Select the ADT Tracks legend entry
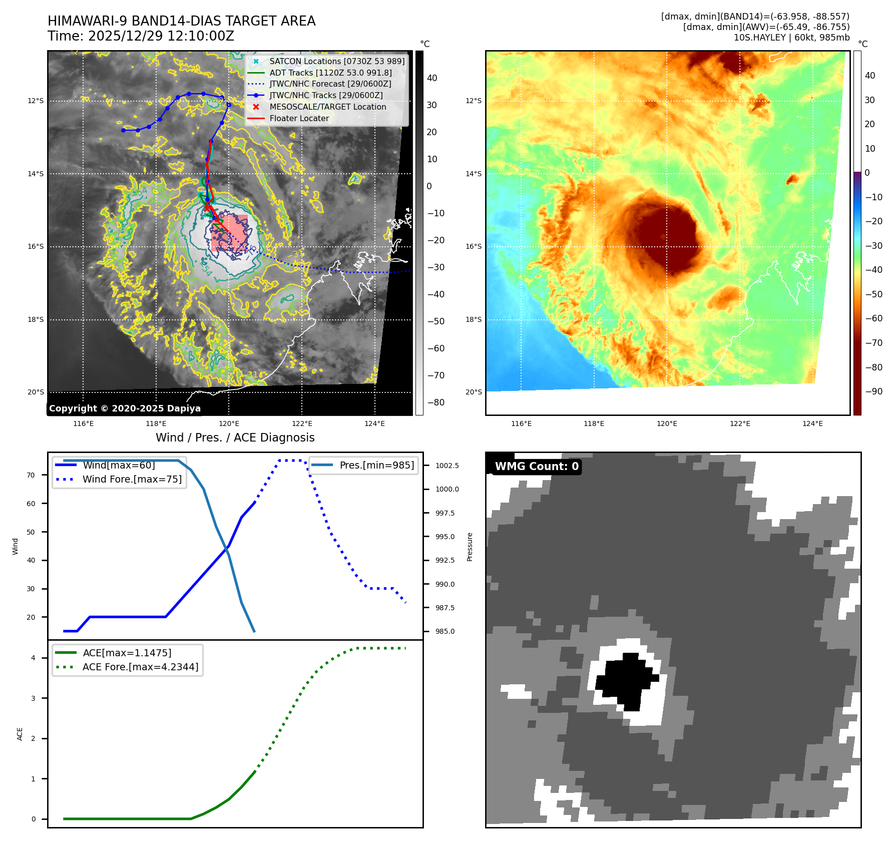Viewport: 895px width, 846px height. (330, 73)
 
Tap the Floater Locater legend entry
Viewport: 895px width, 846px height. (299, 118)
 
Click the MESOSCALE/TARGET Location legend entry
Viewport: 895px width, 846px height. (327, 107)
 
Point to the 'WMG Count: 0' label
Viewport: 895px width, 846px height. (537, 466)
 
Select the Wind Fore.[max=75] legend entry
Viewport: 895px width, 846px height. (132, 479)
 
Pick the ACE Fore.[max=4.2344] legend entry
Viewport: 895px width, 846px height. (140, 667)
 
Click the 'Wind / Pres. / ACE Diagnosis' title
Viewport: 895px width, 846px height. (235, 438)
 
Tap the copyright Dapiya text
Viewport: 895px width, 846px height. (125, 408)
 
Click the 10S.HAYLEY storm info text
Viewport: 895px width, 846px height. (791, 38)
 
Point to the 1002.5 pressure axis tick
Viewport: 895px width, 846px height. (447, 466)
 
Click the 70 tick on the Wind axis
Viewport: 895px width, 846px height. (31, 475)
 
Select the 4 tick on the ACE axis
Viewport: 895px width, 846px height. (33, 658)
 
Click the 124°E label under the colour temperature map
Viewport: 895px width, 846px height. (812, 424)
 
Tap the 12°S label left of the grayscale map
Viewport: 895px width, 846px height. (36, 101)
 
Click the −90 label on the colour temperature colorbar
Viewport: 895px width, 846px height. (874, 391)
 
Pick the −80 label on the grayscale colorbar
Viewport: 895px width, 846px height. (435, 402)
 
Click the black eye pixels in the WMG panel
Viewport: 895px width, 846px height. (626, 680)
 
